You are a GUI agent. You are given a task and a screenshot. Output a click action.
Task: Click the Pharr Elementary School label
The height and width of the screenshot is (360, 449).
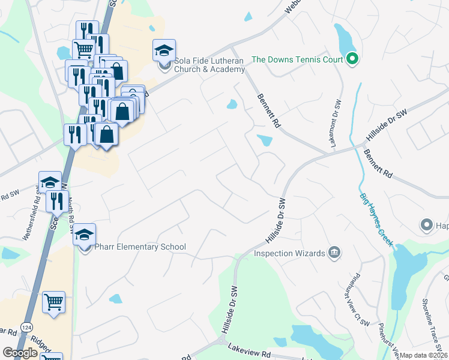click(140, 247)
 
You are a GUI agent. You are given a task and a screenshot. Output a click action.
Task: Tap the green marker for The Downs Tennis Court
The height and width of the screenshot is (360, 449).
click(352, 59)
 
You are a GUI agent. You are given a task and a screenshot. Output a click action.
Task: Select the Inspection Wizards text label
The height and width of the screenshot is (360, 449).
click(289, 253)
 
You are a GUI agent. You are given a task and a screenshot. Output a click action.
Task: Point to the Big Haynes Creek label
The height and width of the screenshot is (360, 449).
click(376, 220)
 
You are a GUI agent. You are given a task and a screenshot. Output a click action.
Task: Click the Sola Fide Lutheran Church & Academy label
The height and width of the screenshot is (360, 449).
click(209, 65)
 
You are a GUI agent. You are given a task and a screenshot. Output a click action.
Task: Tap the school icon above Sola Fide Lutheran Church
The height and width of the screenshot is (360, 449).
click(163, 51)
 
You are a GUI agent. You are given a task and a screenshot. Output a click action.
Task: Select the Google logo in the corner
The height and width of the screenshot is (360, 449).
click(20, 353)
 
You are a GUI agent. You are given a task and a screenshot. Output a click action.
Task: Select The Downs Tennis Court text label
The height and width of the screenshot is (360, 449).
click(297, 59)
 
